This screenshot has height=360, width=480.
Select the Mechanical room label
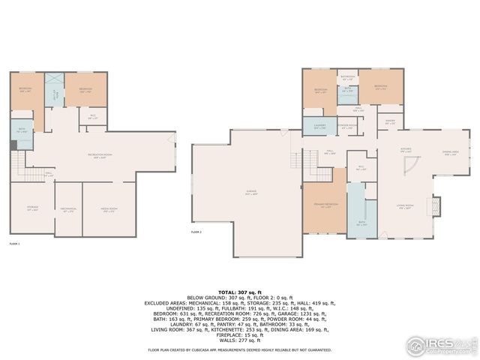point(68,210)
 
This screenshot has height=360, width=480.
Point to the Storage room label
point(32,210)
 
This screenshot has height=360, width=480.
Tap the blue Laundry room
point(319,126)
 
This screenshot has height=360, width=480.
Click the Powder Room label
point(346,126)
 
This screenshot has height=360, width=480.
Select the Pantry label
point(390,121)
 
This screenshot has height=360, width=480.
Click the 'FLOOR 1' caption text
point(14,244)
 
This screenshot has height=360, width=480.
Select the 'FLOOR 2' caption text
point(196,232)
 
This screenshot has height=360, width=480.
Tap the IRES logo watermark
point(439,345)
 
